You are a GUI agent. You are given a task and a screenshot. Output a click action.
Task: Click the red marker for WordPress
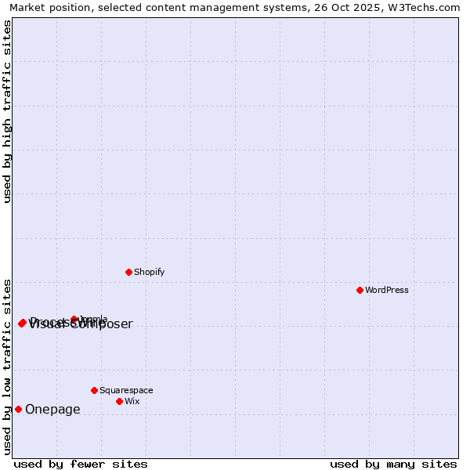360,290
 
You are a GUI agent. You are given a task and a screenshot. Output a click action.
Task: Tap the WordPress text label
387,290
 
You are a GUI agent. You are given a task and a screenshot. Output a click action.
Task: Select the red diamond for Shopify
128,272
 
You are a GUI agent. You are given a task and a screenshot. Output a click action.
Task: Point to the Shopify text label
149,272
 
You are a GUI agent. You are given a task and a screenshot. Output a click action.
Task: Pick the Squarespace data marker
94,390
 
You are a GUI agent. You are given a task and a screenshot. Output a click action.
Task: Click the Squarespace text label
126,390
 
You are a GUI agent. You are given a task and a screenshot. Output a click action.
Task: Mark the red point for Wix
119,401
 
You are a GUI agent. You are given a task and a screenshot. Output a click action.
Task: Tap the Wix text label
132,401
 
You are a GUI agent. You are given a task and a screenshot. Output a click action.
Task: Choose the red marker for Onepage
18,409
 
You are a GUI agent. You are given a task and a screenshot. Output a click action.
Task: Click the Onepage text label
52,409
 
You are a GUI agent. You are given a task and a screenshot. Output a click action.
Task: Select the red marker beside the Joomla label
74,319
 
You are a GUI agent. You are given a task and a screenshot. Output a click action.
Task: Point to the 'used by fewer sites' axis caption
81,464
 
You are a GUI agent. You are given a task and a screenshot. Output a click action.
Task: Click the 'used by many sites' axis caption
392,464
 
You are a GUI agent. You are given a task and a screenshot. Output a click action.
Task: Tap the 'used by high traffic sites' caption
7,111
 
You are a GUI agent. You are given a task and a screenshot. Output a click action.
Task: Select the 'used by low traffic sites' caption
7,366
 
